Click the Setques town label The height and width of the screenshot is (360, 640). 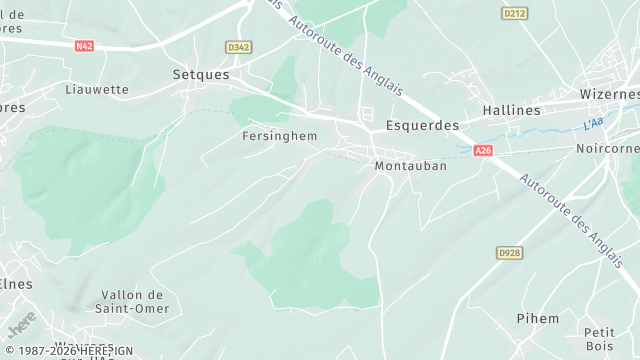click(201, 75)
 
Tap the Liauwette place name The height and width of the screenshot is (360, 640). click(97, 89)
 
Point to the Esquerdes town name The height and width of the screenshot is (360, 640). click(422, 126)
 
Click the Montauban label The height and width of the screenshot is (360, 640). click(410, 166)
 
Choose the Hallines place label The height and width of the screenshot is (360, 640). click(510, 110)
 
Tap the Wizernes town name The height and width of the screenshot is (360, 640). click(609, 94)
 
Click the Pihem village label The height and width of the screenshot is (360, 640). click(538, 318)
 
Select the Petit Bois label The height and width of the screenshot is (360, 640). click(599, 339)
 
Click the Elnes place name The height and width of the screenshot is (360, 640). click(15, 284)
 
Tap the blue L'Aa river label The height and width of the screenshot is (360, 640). click(593, 125)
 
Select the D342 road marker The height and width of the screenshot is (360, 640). click(239, 47)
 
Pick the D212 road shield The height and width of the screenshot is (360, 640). click(514, 13)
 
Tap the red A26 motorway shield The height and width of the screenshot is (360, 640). click(484, 150)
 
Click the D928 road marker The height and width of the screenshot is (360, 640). click(510, 253)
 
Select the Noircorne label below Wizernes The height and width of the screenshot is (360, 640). click(607, 148)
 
